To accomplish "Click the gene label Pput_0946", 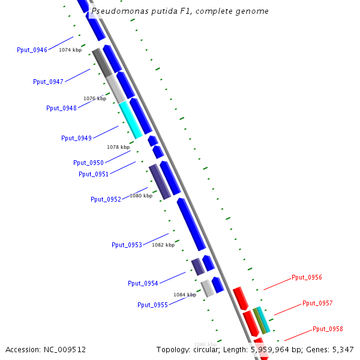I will [32, 50].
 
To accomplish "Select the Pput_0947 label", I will [48, 82].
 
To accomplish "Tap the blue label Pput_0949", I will [76, 138].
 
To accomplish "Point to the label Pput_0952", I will [106, 199].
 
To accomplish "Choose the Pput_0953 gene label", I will [127, 245].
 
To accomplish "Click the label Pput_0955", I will [152, 305].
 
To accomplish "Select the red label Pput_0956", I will [307, 277].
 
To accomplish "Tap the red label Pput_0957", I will [317, 303].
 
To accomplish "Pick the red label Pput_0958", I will [328, 329].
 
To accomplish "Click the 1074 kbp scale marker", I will [70, 50].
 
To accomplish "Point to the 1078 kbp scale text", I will [118, 147].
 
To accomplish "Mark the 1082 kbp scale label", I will [163, 245].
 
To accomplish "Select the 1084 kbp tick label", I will [185, 295].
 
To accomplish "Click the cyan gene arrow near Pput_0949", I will [131, 120].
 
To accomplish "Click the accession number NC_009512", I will [64, 349].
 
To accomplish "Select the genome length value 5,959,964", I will [273, 349].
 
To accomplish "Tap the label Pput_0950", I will [88, 163].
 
